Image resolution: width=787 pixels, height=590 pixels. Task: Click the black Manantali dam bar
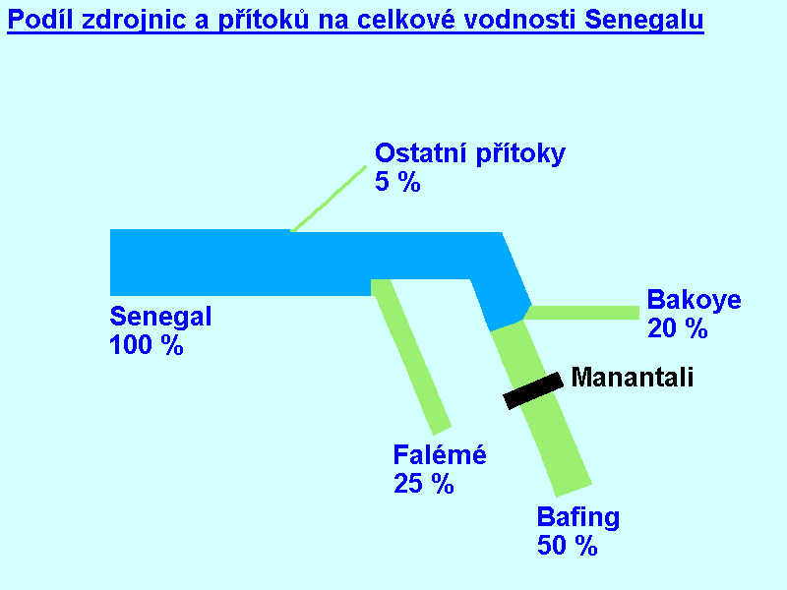533,391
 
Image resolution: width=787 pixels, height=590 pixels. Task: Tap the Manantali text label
633,378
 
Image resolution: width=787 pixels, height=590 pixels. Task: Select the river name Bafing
578,517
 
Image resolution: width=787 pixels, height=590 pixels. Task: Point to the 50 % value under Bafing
568,546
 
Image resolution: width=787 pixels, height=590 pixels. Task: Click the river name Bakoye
695,300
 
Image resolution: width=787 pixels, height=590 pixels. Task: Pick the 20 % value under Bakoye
678,328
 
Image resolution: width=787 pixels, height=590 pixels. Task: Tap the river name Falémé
440,454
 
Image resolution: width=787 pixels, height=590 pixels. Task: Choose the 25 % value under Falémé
424,484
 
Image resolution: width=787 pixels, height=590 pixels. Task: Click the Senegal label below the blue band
160,317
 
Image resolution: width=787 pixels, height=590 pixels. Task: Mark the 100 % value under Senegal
146,345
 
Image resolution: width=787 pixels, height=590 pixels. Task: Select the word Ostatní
421,152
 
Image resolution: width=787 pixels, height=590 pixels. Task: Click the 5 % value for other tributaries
397,182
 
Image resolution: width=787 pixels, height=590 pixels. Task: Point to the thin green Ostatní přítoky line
329,199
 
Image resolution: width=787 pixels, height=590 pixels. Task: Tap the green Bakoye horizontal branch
581,313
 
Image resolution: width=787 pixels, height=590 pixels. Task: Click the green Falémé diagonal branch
411,356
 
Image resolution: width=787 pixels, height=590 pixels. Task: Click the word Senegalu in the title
644,21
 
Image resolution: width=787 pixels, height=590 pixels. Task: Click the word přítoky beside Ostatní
520,153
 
